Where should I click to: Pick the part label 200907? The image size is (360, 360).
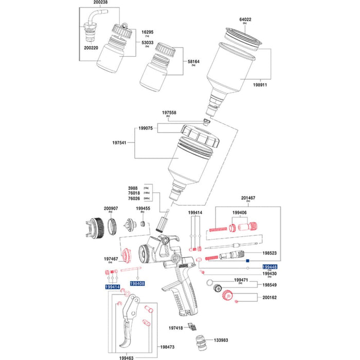pyautogui.click(x=111, y=208)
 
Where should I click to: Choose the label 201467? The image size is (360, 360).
pyautogui.click(x=248, y=197)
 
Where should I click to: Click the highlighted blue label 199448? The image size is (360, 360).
pyautogui.click(x=270, y=267)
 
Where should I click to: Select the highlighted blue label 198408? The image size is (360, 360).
pyautogui.click(x=137, y=283)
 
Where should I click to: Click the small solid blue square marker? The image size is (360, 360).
pyautogui.click(x=247, y=261)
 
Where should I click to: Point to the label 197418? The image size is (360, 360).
pyautogui.click(x=176, y=328)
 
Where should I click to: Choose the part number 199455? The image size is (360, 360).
pyautogui.click(x=143, y=208)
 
